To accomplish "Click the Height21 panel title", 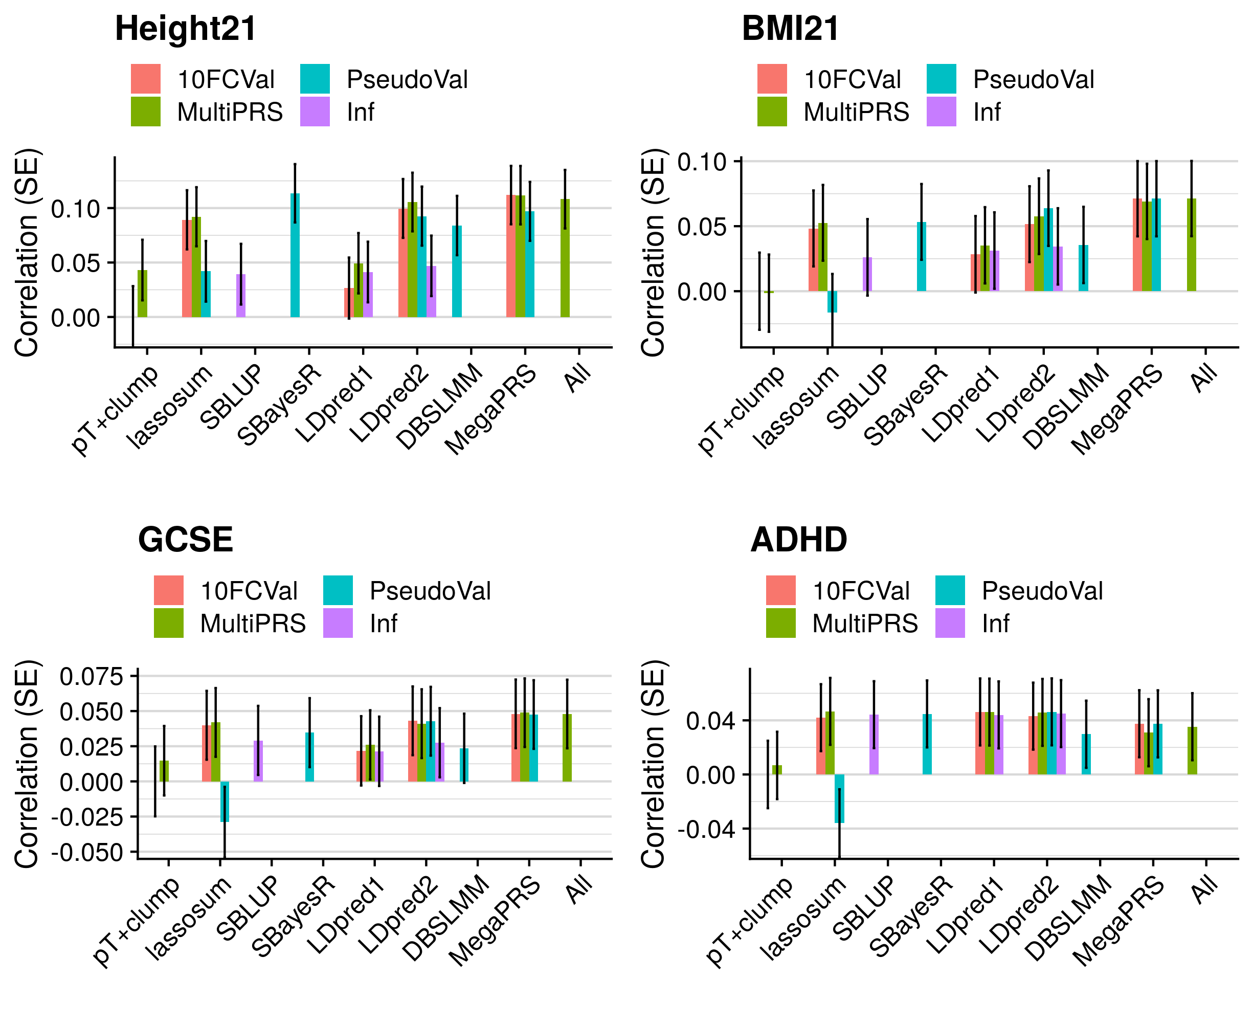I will [186, 28].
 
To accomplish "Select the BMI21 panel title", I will [790, 28].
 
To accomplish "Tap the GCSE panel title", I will [186, 539].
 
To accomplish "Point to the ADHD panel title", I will [799, 539].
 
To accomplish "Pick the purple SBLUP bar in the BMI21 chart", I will [867, 274].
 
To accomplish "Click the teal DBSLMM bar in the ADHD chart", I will [1086, 754].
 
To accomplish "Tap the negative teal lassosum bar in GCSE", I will [225, 802].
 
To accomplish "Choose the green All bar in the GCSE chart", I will [567, 748].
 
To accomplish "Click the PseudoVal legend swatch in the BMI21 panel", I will [941, 79].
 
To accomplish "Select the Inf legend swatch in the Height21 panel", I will [315, 112].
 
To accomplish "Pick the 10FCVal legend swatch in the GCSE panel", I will [168, 590].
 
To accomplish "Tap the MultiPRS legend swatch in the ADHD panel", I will [780, 623].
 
